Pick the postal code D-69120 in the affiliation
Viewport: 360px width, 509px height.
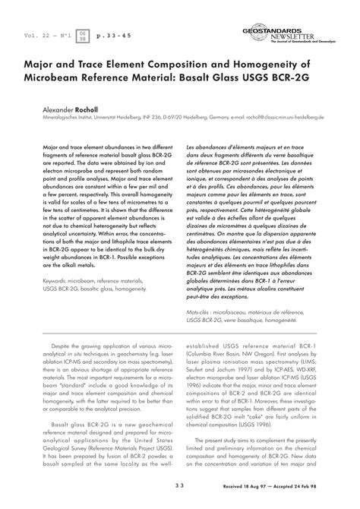coord(192,119)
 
